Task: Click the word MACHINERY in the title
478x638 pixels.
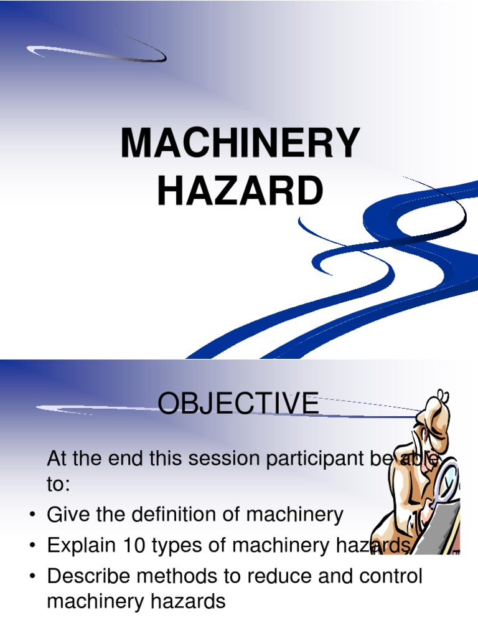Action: (240, 143)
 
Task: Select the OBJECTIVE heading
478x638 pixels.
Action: (238, 404)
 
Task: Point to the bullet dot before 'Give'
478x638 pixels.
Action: (32, 517)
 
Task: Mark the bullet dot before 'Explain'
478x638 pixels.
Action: (32, 546)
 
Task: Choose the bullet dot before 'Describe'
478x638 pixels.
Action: (32, 577)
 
